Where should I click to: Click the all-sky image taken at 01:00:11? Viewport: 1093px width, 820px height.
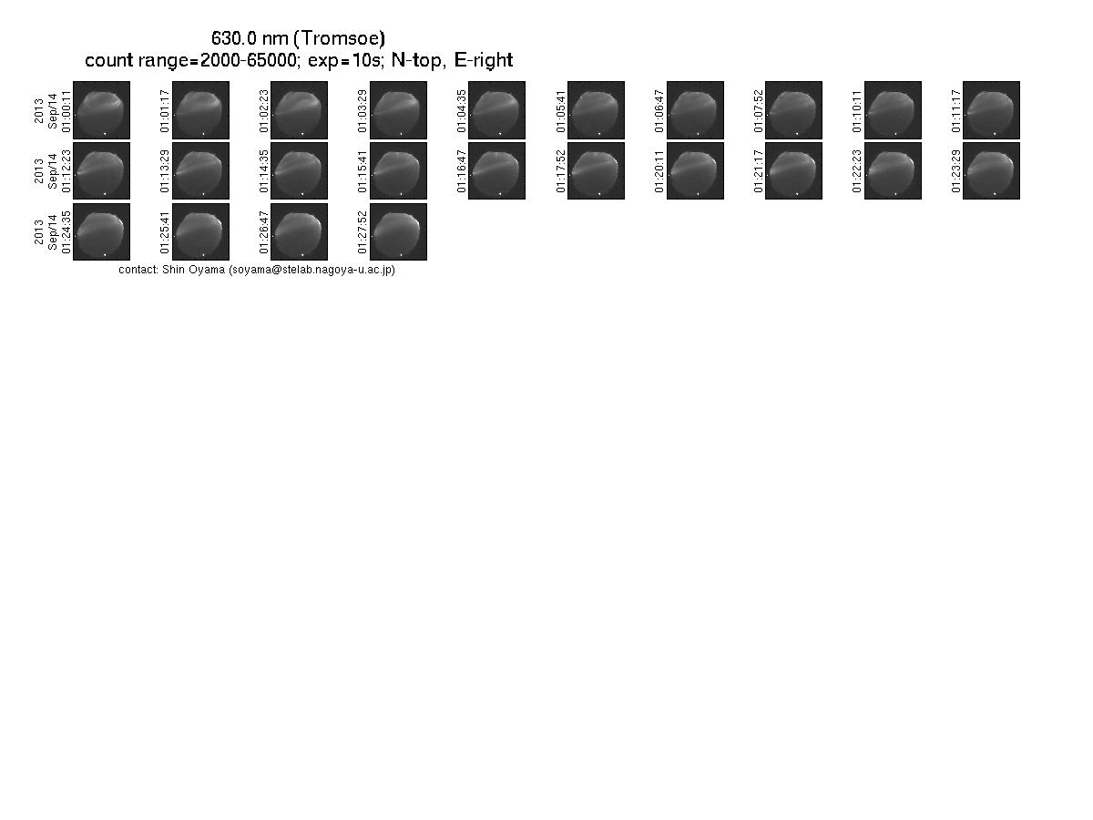[x=102, y=110]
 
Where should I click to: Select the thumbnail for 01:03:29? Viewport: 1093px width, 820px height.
[x=398, y=110]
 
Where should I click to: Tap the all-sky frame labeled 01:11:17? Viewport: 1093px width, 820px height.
[x=991, y=110]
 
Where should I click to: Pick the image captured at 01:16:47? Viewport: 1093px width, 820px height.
[x=497, y=170]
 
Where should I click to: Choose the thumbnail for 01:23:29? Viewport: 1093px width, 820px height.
[x=991, y=170]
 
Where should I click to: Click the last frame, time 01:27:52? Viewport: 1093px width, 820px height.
[x=398, y=231]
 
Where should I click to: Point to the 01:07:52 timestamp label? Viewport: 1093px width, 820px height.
[x=759, y=111]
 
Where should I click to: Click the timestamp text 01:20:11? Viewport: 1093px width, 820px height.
[x=659, y=172]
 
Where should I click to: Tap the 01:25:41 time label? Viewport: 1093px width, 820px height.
[x=165, y=232]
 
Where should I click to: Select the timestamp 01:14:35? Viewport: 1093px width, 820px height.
[x=264, y=172]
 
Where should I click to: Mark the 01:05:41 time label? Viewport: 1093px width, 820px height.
[x=561, y=111]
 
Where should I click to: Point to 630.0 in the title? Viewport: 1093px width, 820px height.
[x=234, y=38]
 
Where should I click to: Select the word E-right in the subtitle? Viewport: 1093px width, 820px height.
[x=484, y=60]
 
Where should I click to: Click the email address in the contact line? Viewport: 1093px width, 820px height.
[x=312, y=270]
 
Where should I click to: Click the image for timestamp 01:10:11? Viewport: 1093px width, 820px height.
[x=893, y=110]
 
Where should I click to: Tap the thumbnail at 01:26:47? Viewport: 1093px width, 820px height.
[x=300, y=231]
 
